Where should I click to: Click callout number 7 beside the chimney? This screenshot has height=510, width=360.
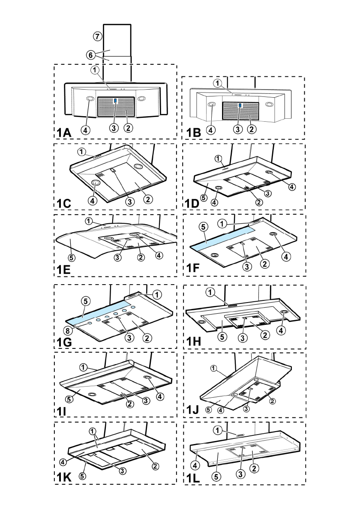pyautogui.click(x=97, y=36)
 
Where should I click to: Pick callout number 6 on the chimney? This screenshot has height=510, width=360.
pyautogui.click(x=90, y=55)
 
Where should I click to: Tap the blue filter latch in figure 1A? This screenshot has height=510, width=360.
pyautogui.click(x=115, y=102)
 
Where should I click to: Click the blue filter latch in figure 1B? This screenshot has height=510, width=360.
pyautogui.click(x=240, y=105)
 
